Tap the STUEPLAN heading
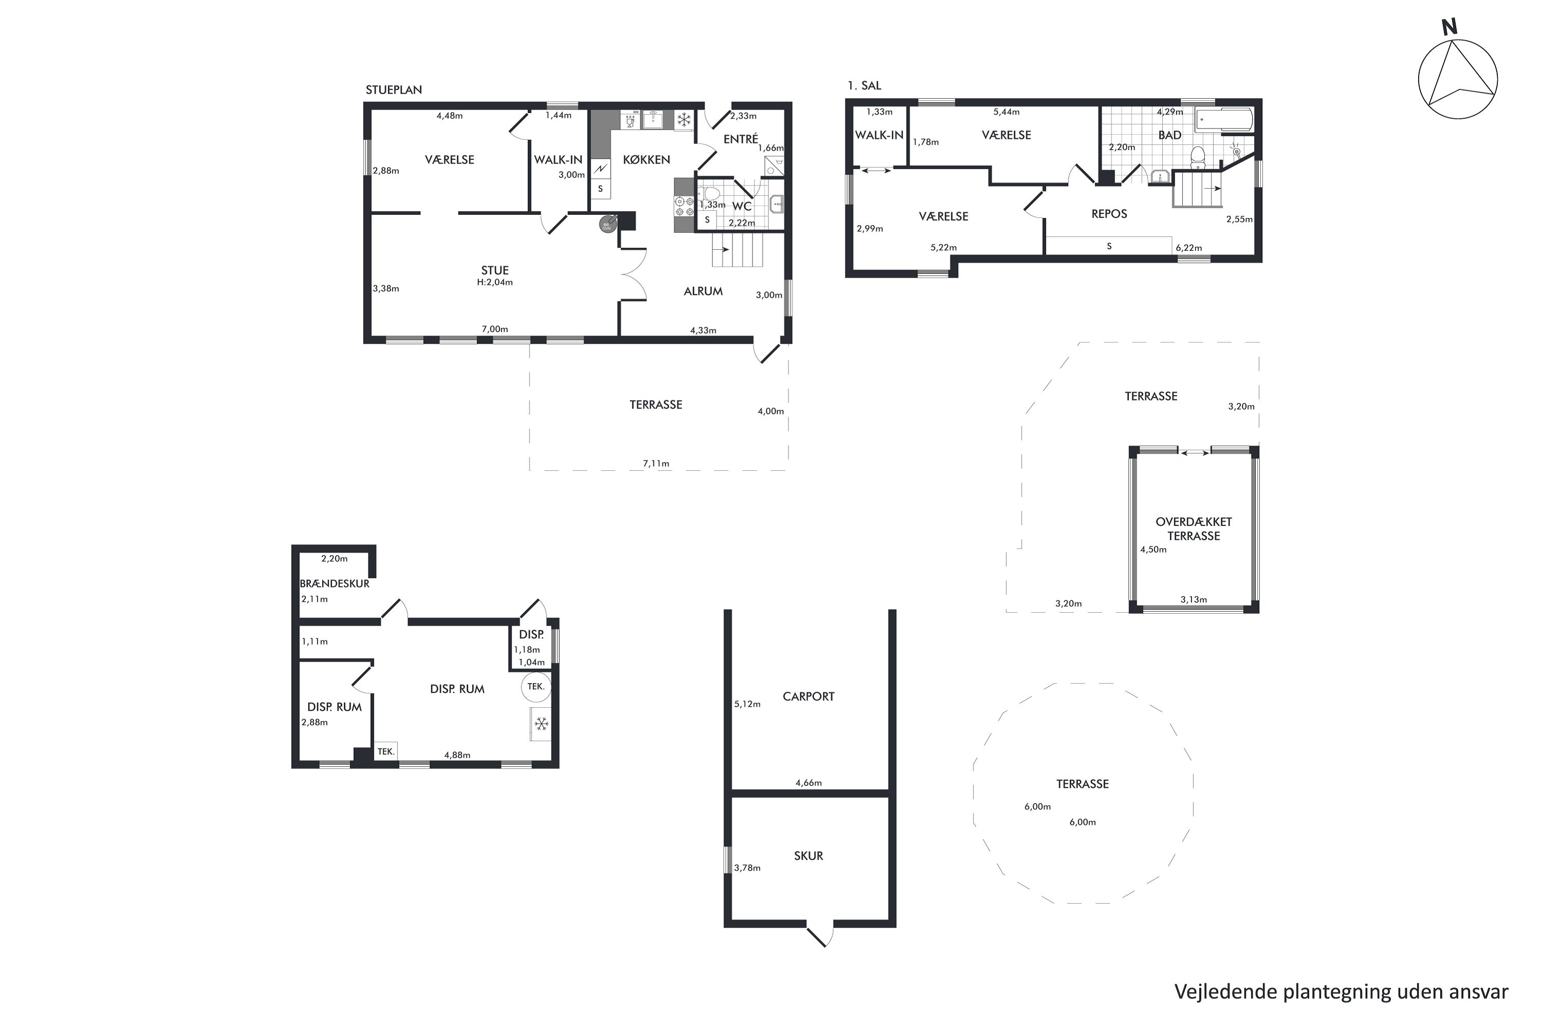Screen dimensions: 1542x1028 [x=393, y=90]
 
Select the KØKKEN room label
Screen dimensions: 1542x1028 [x=647, y=159]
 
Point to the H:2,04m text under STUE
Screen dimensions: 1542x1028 [x=495, y=283]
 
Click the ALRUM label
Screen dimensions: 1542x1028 [x=703, y=291]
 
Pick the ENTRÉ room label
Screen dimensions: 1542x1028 [x=741, y=138]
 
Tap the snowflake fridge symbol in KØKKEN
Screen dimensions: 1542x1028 [x=684, y=120]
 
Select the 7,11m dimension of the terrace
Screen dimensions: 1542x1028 [x=656, y=464]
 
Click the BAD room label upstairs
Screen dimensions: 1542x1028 [x=1170, y=135]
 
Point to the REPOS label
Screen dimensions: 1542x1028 [x=1109, y=214]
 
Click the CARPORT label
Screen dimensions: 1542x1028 [x=809, y=696]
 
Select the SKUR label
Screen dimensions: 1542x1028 [x=809, y=856]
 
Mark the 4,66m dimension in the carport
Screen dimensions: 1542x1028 [x=809, y=783]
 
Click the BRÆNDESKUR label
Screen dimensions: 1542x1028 [x=335, y=583]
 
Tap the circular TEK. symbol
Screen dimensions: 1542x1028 [x=536, y=686]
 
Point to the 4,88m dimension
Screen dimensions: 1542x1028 [x=457, y=755]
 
